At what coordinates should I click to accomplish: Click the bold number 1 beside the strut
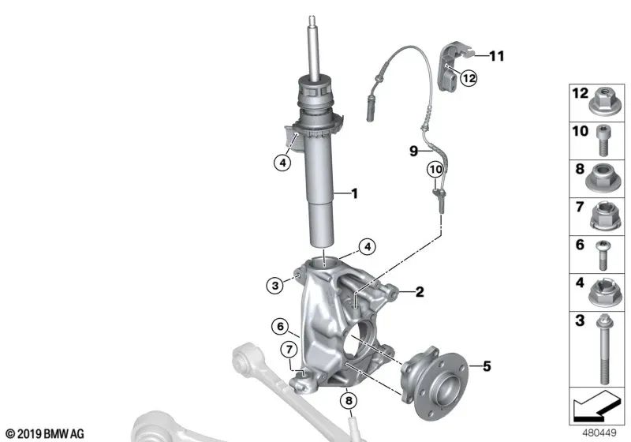(355, 193)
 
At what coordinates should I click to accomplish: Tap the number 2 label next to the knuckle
(420, 292)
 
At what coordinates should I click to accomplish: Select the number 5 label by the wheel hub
(486, 365)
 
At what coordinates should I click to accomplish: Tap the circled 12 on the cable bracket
(469, 78)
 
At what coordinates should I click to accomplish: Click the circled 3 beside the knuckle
(274, 286)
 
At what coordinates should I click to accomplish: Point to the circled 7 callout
(289, 349)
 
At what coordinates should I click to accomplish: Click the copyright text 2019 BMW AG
(44, 433)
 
